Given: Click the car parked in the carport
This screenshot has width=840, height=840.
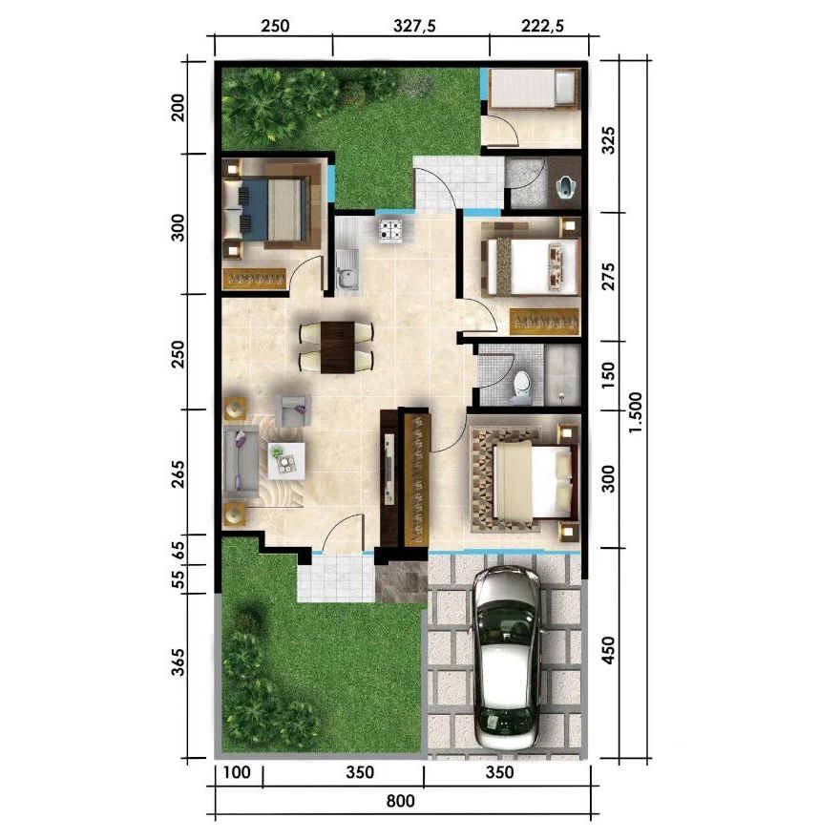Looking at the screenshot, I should click(507, 659).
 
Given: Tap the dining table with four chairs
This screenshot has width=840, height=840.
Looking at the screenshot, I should click(336, 346).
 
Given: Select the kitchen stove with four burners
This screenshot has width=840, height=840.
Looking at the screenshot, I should click(391, 229).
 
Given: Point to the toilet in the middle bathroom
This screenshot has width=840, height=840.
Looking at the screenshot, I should click(522, 384).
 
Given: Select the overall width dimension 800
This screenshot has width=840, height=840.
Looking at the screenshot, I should click(402, 801).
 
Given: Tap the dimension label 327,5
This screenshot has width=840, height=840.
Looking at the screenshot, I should click(413, 27).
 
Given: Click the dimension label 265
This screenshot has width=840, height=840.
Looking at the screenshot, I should click(178, 472).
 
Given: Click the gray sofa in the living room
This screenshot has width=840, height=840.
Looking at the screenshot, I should click(240, 462).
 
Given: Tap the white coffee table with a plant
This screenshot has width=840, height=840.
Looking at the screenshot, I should click(286, 460).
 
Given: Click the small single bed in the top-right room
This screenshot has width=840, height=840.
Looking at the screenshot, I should click(533, 91).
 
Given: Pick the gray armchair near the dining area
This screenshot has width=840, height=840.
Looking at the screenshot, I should click(292, 409).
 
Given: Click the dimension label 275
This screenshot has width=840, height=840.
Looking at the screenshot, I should click(610, 276).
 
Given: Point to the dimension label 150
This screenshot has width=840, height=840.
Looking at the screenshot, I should click(610, 374).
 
